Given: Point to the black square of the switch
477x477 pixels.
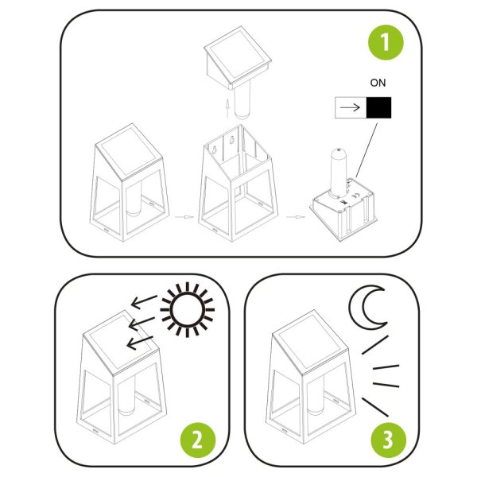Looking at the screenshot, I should [379, 109].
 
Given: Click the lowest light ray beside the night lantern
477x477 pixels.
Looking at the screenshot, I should [376, 406].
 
